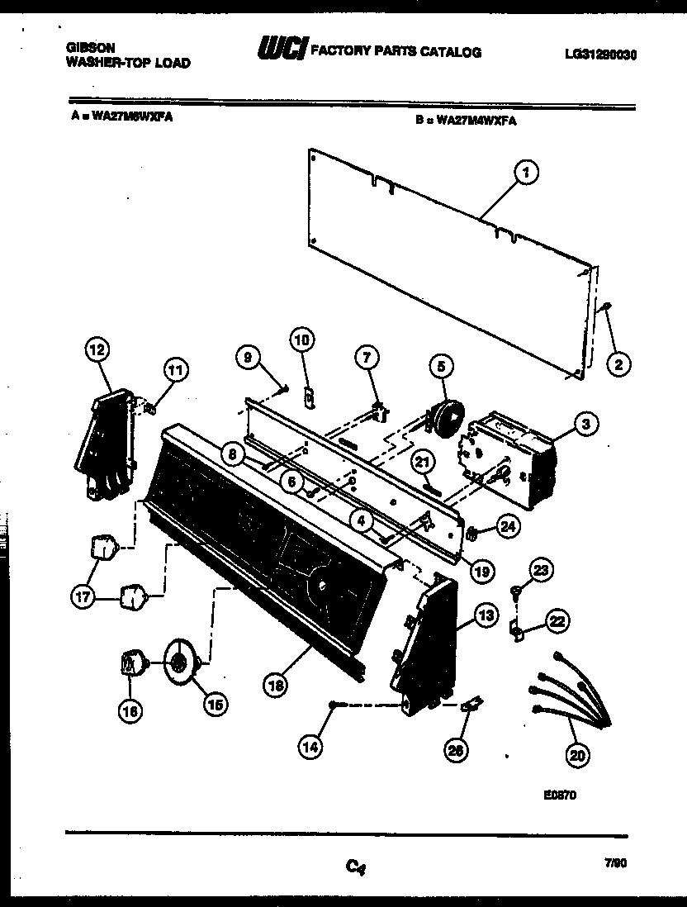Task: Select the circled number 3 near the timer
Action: [585, 425]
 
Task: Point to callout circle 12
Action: [97, 350]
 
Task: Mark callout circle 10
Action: [301, 339]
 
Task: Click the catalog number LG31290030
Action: [600, 55]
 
